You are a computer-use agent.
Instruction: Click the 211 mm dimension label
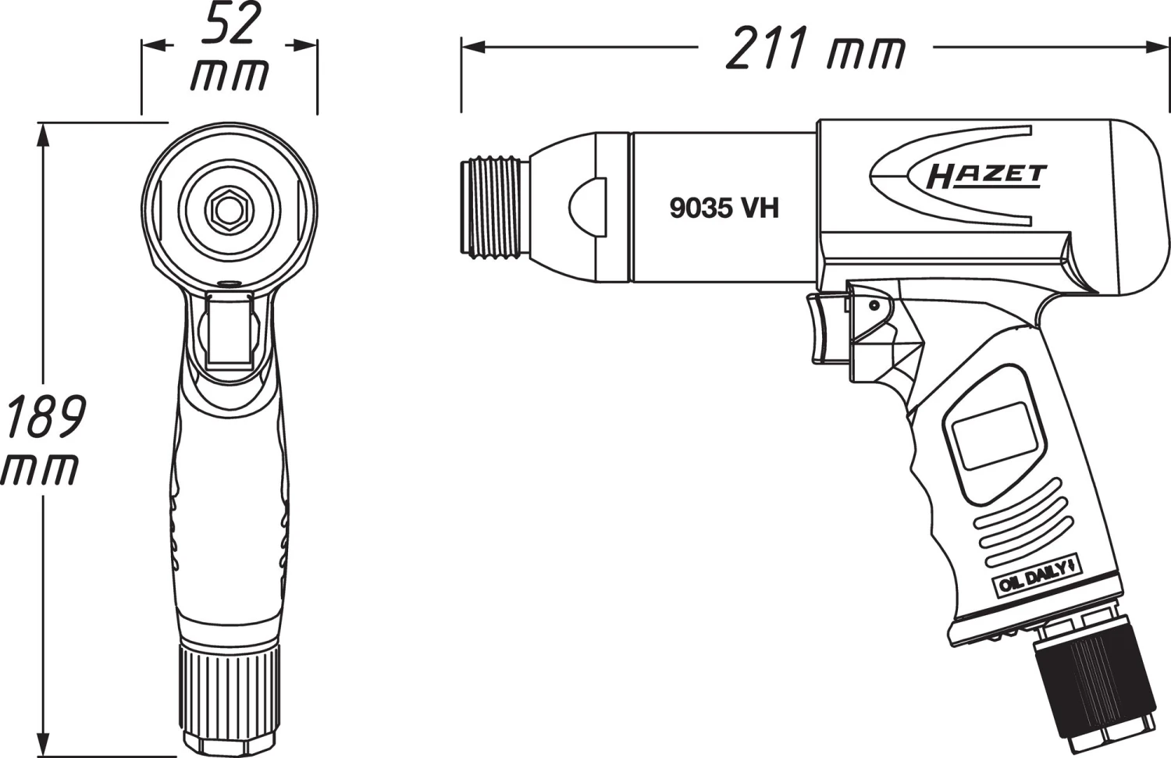coord(815,50)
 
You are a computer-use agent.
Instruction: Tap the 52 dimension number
coord(229,25)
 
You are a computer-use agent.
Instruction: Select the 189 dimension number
coord(44,417)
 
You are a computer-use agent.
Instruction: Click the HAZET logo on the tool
coord(986,176)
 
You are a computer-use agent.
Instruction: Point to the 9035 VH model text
coord(724,208)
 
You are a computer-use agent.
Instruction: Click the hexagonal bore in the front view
coord(229,207)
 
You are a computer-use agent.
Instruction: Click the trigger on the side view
coord(826,328)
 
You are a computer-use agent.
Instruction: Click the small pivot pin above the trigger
coord(874,305)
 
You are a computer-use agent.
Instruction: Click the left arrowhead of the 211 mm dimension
coord(468,48)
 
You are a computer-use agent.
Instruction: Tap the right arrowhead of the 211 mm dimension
coord(1162,48)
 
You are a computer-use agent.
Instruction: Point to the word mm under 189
coord(41,468)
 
